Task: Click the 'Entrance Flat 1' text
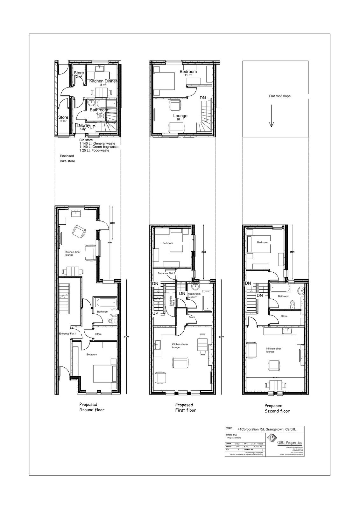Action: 68,334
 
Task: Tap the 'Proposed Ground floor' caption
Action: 92,407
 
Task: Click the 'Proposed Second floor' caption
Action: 277,408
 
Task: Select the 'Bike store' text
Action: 67,161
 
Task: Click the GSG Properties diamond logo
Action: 271,438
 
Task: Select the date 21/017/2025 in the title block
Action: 257,443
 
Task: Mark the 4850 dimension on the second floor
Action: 275,377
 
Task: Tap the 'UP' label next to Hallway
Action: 93,127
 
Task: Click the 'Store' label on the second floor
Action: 284,316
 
